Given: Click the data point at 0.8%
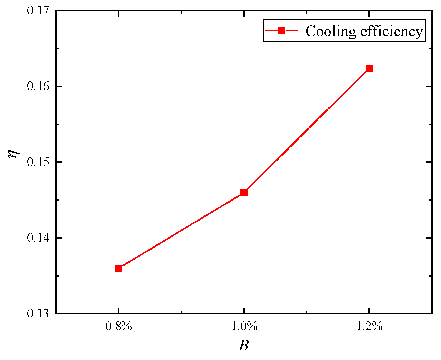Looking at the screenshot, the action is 119,268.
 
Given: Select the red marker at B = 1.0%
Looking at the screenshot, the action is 244,193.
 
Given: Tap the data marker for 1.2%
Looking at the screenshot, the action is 369,68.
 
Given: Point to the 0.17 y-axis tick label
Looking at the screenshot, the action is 38,10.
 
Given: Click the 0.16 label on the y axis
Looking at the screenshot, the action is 38,86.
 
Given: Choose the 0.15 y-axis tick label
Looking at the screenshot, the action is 38,162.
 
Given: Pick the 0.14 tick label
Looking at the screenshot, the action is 38,238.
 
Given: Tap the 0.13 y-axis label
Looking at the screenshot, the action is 38,313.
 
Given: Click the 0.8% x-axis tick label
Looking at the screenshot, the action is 119,326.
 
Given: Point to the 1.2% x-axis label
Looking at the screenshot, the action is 369,326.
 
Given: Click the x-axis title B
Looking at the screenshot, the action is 244,346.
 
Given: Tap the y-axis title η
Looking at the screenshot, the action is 14,154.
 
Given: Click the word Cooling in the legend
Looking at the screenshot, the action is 330,32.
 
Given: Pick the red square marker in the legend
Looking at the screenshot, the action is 281,30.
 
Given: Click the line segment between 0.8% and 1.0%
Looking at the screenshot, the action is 181,231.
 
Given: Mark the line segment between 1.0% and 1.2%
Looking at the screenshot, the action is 306,130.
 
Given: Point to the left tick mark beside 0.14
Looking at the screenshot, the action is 58,238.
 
